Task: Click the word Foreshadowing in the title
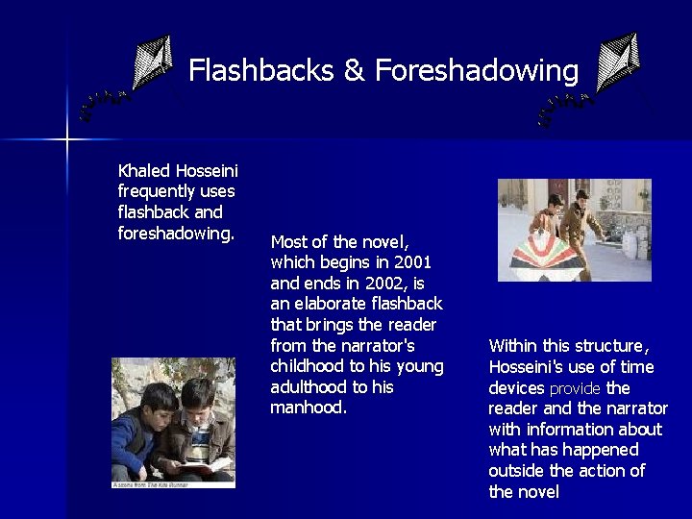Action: (477, 70)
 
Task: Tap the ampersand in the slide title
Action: (354, 71)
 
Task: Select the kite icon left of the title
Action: (149, 64)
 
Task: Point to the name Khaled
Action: (143, 171)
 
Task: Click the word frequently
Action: (161, 192)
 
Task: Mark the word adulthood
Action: (309, 387)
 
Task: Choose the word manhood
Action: (307, 408)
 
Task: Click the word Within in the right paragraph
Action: (514, 346)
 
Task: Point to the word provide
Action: (575, 388)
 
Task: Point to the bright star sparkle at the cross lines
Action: (67, 141)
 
